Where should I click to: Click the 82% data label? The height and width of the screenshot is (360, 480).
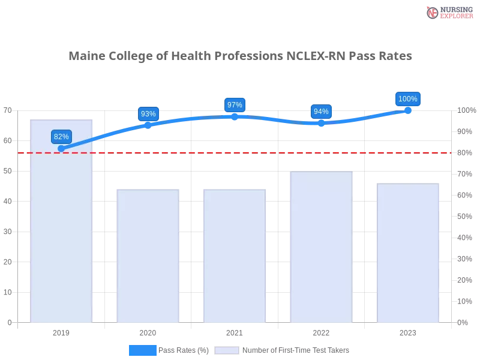point(61,137)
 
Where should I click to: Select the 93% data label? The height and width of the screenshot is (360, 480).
point(148,114)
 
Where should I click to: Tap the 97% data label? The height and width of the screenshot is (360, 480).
point(235,105)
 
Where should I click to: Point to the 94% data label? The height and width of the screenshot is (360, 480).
point(321,112)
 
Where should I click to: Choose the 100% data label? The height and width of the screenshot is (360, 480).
point(408,99)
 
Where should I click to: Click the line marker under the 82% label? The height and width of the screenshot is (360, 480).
point(61,148)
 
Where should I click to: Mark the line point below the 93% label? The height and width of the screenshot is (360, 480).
point(148,125)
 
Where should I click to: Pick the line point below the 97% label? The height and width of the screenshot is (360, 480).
point(235,116)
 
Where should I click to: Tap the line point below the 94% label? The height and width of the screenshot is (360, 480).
point(321,122)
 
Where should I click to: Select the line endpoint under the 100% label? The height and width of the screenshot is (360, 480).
point(408,110)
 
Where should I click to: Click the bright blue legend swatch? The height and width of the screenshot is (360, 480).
point(142,350)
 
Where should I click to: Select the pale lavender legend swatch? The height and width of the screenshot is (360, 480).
point(227,350)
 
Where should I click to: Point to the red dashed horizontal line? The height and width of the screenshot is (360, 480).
point(234,152)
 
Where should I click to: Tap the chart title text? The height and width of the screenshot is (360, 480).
point(240,57)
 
